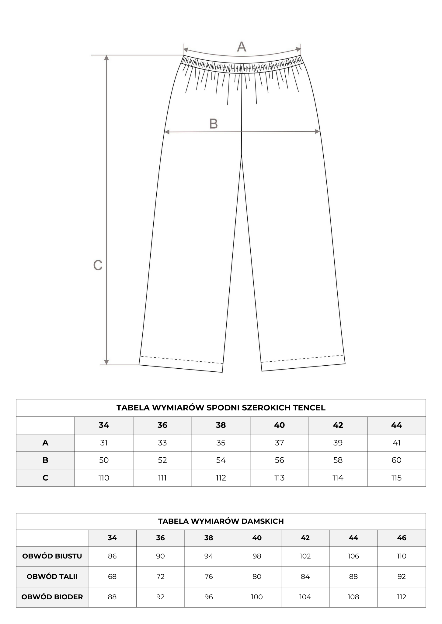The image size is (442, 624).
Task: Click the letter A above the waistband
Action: pyautogui.click(x=242, y=47)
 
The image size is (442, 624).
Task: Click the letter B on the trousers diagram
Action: pyautogui.click(x=214, y=124)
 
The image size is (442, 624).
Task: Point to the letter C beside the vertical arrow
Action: pyautogui.click(x=98, y=265)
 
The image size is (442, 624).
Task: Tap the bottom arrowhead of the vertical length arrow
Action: pyautogui.click(x=106, y=362)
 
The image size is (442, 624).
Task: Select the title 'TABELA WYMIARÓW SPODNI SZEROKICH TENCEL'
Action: pyautogui.click(x=221, y=408)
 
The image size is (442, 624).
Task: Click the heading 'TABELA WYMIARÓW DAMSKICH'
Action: pyautogui.click(x=221, y=521)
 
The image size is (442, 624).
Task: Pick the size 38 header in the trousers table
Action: pyautogui.click(x=221, y=425)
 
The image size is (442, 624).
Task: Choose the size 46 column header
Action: pyautogui.click(x=402, y=538)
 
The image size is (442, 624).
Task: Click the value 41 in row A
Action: pyautogui.click(x=396, y=443)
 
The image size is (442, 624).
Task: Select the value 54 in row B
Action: pyautogui.click(x=221, y=460)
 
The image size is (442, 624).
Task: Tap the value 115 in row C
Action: pyautogui.click(x=396, y=478)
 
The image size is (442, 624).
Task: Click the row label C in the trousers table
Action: pyautogui.click(x=45, y=478)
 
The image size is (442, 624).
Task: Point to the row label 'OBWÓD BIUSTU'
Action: pyautogui.click(x=52, y=556)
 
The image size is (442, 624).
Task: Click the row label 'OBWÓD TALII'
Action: pyautogui.click(x=52, y=576)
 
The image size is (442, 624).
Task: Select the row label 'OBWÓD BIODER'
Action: pyautogui.click(x=52, y=597)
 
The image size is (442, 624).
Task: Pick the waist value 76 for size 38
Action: pyautogui.click(x=209, y=576)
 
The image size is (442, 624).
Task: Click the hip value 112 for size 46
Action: pyautogui.click(x=402, y=597)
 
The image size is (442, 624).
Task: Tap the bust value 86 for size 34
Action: pyautogui.click(x=112, y=556)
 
